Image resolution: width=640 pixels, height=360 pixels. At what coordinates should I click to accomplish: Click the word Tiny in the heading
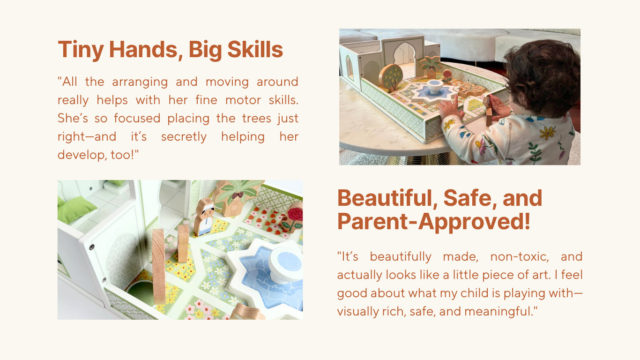(81, 50)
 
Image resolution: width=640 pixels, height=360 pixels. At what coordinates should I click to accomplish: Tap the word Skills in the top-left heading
(255, 50)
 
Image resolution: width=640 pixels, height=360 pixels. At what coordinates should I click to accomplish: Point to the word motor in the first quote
(243, 100)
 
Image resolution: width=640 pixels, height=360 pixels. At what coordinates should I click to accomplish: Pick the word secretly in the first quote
(184, 137)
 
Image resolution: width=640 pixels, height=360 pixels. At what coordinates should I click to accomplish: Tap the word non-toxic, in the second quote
(520, 257)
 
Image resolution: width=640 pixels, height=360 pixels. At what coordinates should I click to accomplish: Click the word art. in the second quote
(542, 275)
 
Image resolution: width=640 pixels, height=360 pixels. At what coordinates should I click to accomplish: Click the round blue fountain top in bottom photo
(286, 265)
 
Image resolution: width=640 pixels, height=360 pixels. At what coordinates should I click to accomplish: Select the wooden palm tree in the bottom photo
(237, 197)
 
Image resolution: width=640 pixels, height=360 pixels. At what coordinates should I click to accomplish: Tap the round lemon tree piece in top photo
(391, 77)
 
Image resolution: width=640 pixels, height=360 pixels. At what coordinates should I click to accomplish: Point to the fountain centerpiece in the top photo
(435, 87)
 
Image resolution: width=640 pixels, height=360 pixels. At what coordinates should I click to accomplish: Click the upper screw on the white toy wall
(92, 247)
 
